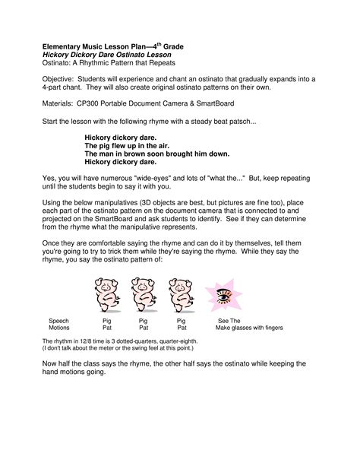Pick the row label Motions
pos(59,328)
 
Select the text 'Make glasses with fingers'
pos(249,328)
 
